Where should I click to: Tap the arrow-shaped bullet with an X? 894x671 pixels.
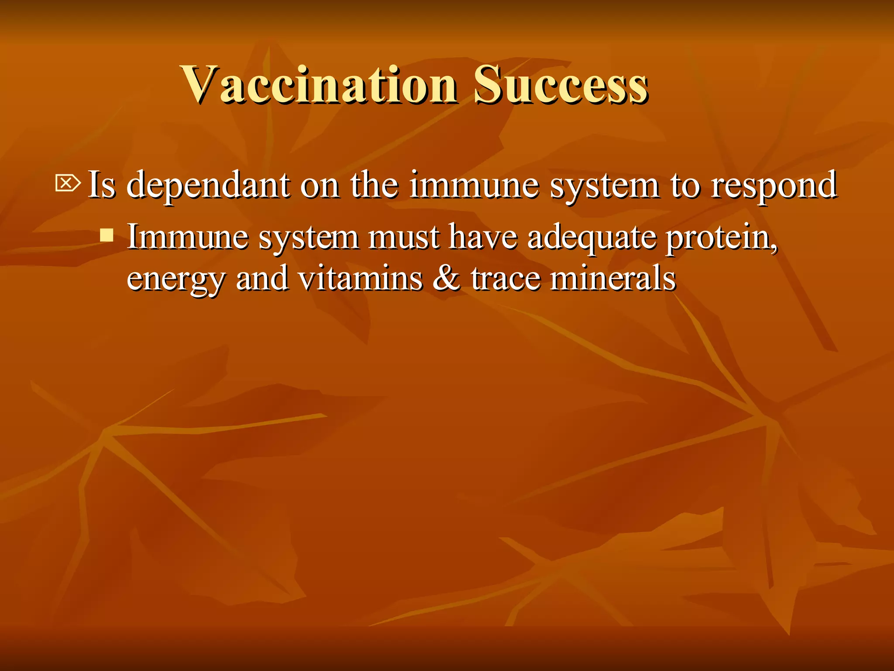(x=68, y=183)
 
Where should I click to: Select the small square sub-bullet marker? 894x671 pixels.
(x=107, y=235)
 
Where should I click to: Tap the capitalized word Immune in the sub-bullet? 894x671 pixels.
(x=188, y=237)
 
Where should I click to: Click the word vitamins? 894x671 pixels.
(x=360, y=278)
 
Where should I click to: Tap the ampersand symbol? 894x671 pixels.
(x=446, y=278)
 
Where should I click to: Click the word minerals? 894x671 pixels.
(x=613, y=278)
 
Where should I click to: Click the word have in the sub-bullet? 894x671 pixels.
(x=483, y=237)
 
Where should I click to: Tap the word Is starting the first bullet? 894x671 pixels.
(x=102, y=184)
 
